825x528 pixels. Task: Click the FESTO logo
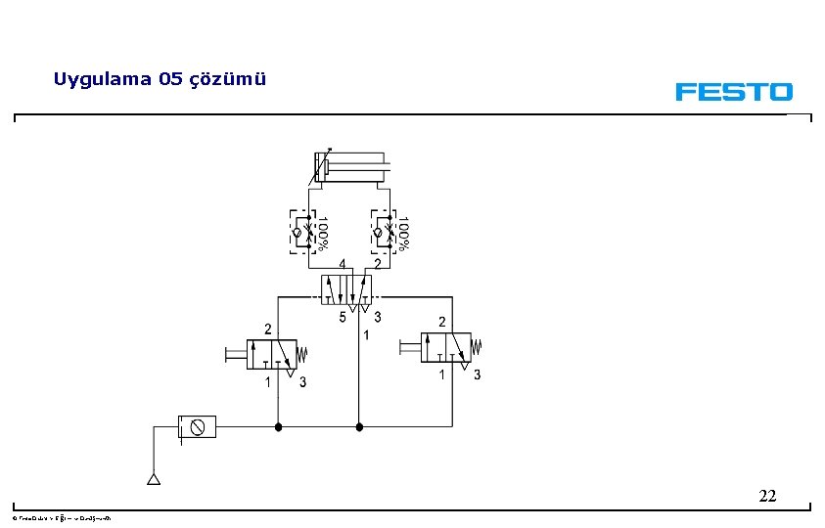tap(733, 92)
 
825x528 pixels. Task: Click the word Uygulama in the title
tap(101, 79)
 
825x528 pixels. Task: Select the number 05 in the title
tap(169, 79)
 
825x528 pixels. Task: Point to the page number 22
tap(767, 497)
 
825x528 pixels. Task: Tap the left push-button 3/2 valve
tap(272, 354)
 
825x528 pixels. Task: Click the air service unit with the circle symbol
tap(197, 426)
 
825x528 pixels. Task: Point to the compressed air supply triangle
tap(153, 479)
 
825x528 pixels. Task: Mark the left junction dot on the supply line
tap(278, 426)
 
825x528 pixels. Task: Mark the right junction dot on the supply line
tap(359, 426)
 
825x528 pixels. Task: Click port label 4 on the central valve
tap(342, 264)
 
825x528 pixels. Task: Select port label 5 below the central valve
tap(342, 317)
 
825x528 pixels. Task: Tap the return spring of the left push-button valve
tap(303, 352)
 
